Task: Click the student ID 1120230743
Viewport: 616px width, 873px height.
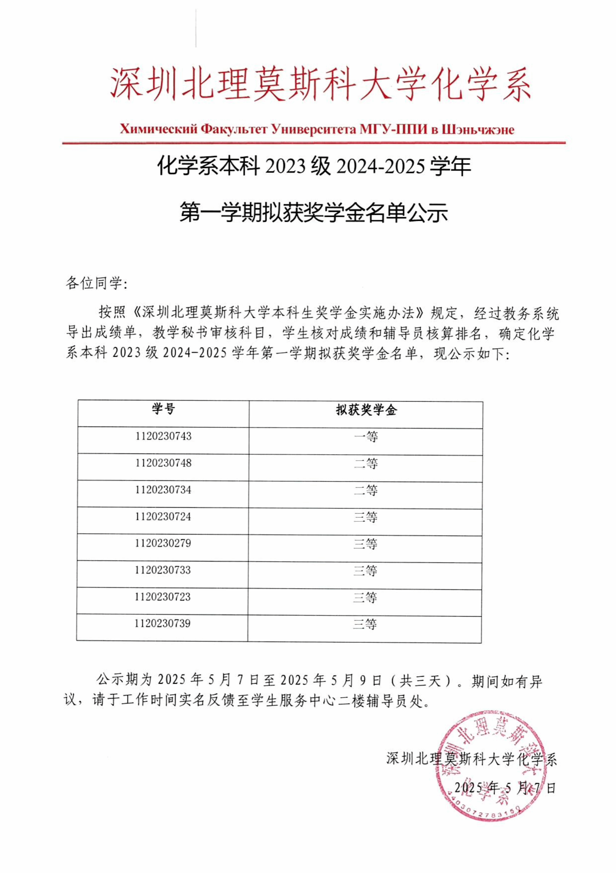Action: click(x=163, y=436)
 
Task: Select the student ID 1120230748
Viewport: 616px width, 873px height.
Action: click(x=163, y=463)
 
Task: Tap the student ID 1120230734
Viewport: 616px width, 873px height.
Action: click(x=163, y=490)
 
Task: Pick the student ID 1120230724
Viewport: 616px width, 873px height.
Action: click(x=163, y=516)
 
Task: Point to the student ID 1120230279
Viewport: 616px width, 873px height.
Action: click(x=163, y=543)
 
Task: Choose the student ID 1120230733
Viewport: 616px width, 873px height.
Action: click(x=163, y=570)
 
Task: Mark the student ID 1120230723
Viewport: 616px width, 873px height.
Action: click(x=162, y=596)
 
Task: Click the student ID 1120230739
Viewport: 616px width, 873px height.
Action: click(x=162, y=623)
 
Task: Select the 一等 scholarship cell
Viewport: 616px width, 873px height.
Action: click(x=366, y=437)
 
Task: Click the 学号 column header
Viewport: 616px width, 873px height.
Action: click(x=163, y=409)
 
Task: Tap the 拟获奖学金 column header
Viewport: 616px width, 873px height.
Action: click(x=366, y=410)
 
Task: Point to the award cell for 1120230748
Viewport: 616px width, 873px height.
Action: click(x=366, y=464)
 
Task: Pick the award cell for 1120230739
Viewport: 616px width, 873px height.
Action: click(x=365, y=624)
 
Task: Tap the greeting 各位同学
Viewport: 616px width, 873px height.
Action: click(x=97, y=283)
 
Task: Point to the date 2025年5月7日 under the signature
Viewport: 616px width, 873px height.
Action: click(x=505, y=788)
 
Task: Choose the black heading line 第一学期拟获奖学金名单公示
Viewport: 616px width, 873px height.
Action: click(x=314, y=212)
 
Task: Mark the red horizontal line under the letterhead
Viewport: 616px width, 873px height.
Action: click(x=314, y=143)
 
